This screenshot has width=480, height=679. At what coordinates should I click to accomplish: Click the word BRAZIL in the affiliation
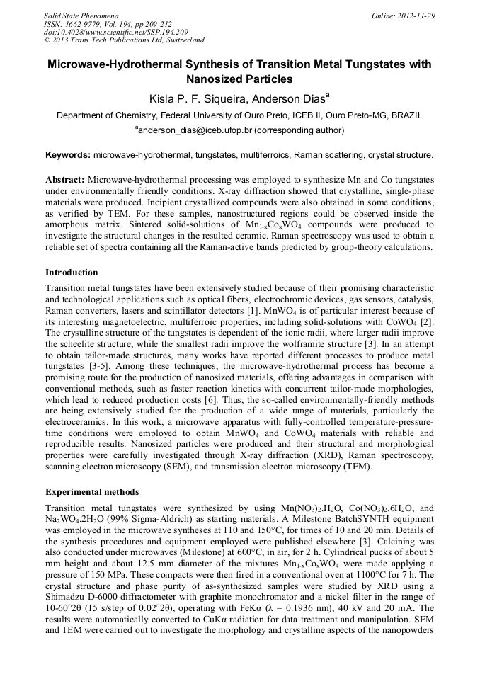pyautogui.click(x=407, y=115)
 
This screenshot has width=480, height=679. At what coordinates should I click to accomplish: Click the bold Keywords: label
pyautogui.click(x=68, y=154)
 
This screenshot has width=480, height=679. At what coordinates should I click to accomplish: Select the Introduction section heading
pyautogui.click(x=72, y=272)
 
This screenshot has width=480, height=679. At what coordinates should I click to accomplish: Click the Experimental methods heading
pyautogui.click(x=92, y=491)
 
